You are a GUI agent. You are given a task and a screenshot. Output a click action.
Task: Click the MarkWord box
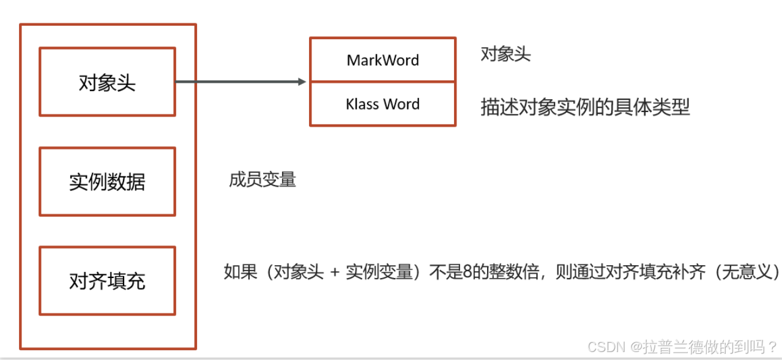click(382, 60)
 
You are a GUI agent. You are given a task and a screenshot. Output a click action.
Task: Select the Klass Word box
click(382, 104)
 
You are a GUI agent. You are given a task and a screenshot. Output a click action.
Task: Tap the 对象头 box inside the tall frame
click(107, 82)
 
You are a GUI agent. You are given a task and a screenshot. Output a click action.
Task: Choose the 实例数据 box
click(107, 182)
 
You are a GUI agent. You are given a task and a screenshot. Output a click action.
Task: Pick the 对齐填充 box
click(107, 281)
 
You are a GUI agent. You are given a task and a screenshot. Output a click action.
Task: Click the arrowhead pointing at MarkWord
click(302, 81)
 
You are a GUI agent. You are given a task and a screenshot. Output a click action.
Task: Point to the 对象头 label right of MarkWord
click(505, 54)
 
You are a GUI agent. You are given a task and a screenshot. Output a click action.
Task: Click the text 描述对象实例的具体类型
click(585, 107)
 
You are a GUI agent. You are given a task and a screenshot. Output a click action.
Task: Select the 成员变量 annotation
click(263, 179)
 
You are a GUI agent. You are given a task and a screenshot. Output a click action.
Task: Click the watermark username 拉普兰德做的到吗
click(702, 347)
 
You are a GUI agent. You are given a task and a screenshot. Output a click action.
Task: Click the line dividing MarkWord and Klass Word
click(382, 81)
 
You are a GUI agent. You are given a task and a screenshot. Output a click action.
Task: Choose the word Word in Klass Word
click(402, 104)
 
